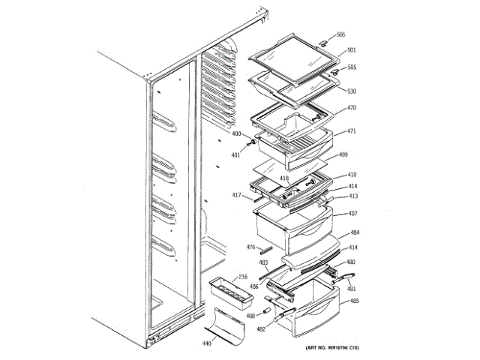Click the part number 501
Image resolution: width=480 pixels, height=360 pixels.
[351, 51]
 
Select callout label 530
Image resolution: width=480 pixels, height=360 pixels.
[351, 91]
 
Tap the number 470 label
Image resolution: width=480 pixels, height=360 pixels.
[351, 108]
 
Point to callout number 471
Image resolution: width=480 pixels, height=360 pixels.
[351, 131]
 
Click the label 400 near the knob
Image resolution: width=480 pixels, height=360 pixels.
[236, 134]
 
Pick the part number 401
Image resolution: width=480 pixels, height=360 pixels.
[236, 155]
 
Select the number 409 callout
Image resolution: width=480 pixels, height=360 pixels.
[343, 155]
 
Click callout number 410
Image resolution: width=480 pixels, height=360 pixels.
[352, 175]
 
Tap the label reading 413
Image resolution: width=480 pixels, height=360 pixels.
[352, 196]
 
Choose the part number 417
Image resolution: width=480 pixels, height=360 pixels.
[236, 196]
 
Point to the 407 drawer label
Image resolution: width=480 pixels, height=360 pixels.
[352, 214]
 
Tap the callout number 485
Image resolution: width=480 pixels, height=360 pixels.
[354, 301]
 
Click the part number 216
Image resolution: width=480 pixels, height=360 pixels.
[243, 277]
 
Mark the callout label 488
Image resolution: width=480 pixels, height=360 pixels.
[250, 315]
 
